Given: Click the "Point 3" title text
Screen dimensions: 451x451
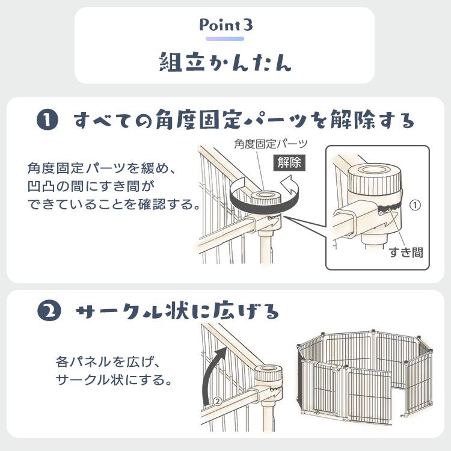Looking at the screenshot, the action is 226,25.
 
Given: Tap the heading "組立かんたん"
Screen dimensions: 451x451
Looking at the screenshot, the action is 226,62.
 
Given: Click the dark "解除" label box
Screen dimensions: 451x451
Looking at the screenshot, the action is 289,163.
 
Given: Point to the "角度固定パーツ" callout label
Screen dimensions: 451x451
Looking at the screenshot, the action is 271,144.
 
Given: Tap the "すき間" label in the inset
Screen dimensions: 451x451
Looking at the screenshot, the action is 406,252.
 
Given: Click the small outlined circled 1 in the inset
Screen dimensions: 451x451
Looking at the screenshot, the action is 415,205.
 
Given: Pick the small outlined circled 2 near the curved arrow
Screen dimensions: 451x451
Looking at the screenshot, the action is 218,400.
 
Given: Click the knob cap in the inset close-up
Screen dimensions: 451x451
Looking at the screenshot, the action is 375,179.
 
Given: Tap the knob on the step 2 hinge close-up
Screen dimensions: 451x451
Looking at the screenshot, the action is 268,375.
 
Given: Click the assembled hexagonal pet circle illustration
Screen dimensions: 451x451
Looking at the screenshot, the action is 365,376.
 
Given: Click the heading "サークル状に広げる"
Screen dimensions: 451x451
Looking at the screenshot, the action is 177,311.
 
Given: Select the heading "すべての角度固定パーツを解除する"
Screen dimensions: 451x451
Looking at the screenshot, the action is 244,120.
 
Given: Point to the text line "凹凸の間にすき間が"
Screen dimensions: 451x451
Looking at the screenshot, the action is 91,186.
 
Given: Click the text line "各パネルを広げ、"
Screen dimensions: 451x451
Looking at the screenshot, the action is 107,361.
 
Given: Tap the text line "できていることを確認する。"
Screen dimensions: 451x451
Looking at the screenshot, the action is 114,204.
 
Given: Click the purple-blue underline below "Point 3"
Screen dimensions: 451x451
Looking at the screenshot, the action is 225,39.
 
